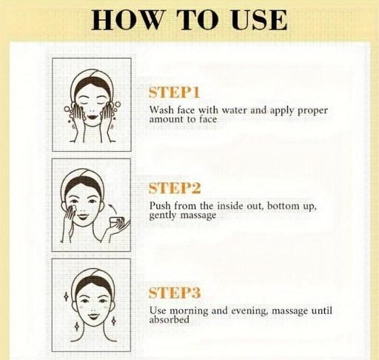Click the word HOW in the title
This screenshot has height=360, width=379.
[127, 20]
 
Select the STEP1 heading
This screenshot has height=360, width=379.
[174, 93]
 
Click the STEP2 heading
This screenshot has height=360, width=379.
[175, 188]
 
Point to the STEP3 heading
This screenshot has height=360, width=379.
[175, 293]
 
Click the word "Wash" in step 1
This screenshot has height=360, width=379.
[160, 110]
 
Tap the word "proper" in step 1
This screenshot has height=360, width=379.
[313, 110]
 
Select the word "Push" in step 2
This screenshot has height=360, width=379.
[160, 205]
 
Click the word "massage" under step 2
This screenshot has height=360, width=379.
[198, 216]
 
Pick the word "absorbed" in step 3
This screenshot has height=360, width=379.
[170, 319]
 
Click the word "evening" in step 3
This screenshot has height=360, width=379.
[249, 311]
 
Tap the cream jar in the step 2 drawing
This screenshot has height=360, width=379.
[117, 221]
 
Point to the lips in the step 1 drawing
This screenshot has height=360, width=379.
[91, 116]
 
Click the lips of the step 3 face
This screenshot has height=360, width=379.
[92, 316]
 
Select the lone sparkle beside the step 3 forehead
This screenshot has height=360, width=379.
[66, 296]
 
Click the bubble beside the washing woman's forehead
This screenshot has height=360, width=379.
[118, 104]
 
